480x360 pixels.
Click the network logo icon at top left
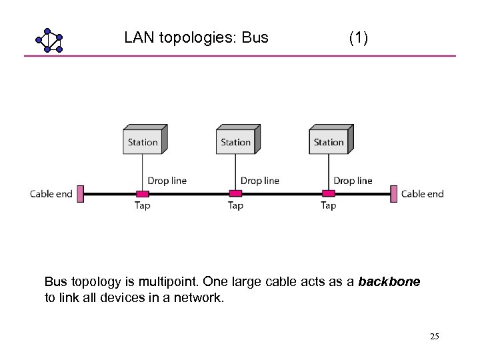(49, 40)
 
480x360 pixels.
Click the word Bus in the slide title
(255, 37)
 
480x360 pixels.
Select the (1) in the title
(358, 37)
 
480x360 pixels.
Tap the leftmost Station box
(143, 141)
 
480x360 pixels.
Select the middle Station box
(236, 141)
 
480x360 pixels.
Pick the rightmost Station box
(329, 141)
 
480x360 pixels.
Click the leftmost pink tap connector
(142, 194)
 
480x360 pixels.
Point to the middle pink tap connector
(235, 194)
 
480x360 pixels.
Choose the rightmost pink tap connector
(328, 194)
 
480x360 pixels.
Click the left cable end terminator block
(81, 194)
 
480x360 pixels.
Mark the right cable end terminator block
(395, 194)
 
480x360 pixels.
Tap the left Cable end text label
(51, 194)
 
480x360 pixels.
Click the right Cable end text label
(422, 194)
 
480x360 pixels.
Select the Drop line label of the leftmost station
(167, 181)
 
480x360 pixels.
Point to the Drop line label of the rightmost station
(353, 181)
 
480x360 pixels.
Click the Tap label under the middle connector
(235, 206)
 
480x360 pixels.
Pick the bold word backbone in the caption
(389, 282)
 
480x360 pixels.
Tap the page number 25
(435, 337)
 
